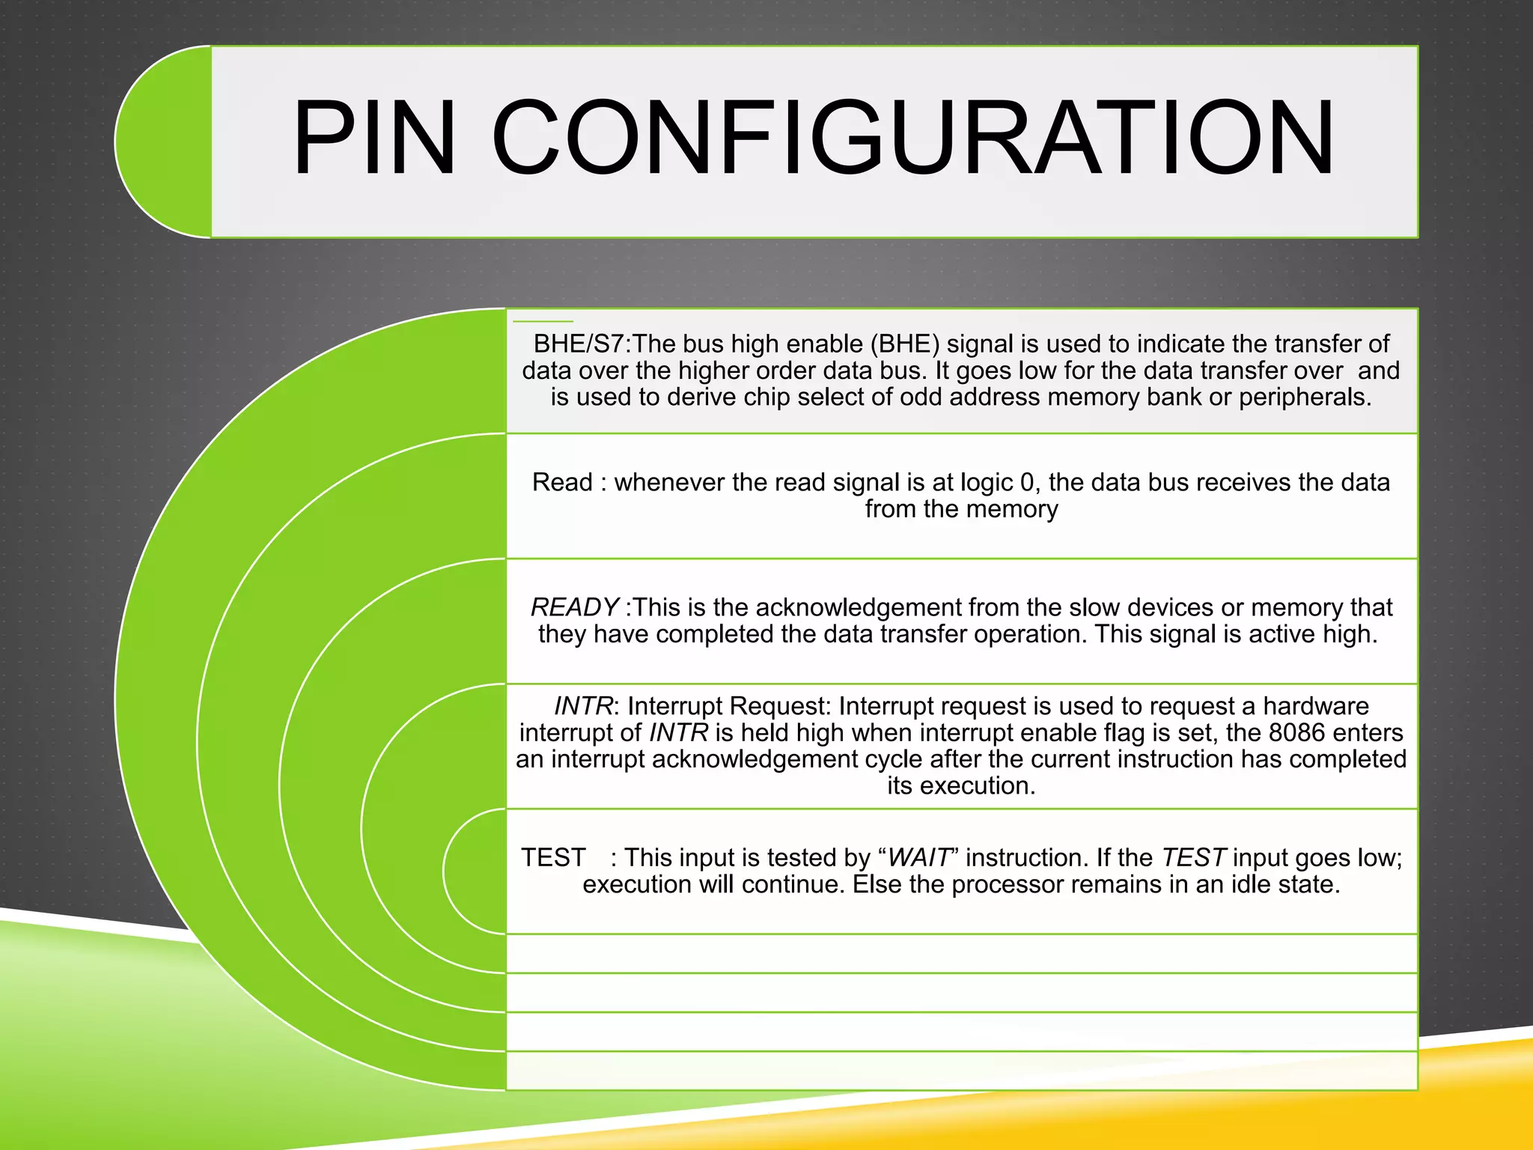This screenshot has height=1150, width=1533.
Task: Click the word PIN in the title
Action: pyautogui.click(x=374, y=139)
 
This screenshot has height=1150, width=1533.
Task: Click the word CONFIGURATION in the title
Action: pyautogui.click(x=912, y=139)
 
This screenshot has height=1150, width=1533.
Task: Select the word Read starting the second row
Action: pyautogui.click(x=562, y=482)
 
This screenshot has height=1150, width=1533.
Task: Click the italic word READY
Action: pyautogui.click(x=574, y=607)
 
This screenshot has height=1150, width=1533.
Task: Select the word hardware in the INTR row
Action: pyautogui.click(x=1316, y=706)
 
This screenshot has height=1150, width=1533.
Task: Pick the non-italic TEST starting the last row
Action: pyautogui.click(x=553, y=857)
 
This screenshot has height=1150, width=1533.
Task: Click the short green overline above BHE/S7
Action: pyautogui.click(x=543, y=321)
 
